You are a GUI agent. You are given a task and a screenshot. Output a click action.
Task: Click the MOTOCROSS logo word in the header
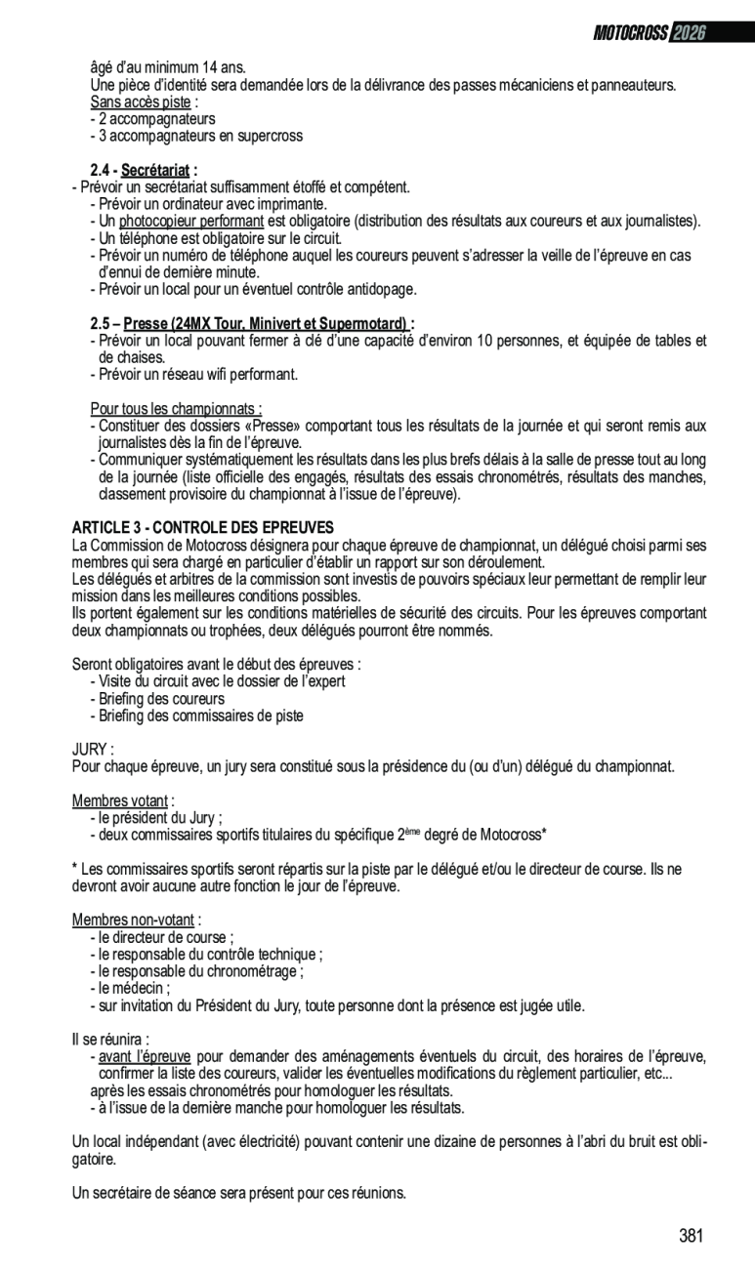pyautogui.click(x=630, y=33)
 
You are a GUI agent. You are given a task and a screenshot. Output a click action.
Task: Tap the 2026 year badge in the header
pyautogui.click(x=689, y=33)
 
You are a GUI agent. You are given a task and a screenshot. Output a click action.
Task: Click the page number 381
pyautogui.click(x=691, y=1236)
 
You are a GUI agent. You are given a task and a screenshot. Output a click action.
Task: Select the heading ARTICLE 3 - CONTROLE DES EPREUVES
pyautogui.click(x=202, y=527)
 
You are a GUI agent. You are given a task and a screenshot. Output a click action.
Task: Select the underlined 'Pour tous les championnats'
pyautogui.click(x=176, y=409)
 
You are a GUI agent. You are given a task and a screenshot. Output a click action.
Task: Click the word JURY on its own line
pyautogui.click(x=91, y=749)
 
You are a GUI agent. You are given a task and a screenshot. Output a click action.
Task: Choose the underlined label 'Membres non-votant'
pyautogui.click(x=134, y=920)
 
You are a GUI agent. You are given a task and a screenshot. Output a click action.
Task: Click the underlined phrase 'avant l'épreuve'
pyautogui.click(x=145, y=1056)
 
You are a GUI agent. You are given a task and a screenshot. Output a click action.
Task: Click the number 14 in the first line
pyautogui.click(x=212, y=67)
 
